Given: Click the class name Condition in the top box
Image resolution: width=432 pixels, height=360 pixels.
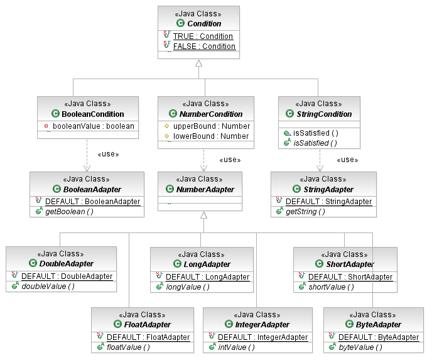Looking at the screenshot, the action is point(204,24).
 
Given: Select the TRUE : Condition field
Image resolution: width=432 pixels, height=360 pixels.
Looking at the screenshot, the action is point(203,36).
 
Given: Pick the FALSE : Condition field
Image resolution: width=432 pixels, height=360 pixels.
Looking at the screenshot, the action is point(204,46).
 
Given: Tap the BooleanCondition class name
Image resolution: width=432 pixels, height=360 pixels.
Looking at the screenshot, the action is point(93,114).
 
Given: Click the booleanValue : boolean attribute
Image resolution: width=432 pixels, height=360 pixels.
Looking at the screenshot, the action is point(94,126).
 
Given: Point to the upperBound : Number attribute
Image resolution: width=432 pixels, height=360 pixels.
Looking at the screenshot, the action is point(212,126).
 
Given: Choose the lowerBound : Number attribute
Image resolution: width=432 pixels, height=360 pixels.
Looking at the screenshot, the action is point(211,136).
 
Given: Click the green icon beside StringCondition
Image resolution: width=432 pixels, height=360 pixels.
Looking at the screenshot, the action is point(289,113).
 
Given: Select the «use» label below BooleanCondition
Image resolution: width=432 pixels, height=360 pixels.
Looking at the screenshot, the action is point(108,154).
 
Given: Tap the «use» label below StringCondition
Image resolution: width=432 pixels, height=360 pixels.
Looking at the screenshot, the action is point(347,160).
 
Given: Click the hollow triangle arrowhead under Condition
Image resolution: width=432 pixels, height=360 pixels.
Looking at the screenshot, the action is point(198,63).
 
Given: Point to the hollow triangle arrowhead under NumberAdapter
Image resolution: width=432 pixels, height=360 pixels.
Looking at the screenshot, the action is point(203,215).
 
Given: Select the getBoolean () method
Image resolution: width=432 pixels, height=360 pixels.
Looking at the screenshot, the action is point(69,212).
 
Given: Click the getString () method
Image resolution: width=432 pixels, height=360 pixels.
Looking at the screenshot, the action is point(305,212).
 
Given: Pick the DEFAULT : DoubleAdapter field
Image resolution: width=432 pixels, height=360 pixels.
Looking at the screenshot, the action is point(67,276).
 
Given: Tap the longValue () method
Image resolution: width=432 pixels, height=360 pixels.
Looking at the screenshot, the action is point(188,287).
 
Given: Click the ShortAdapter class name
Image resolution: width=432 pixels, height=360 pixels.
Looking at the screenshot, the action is point(350,264).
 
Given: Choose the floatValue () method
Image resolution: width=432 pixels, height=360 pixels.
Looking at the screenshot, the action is point(128,347).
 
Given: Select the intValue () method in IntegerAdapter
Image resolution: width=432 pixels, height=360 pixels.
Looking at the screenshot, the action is point(236,347).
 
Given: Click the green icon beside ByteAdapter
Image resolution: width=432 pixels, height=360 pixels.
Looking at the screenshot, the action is point(349,324).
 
